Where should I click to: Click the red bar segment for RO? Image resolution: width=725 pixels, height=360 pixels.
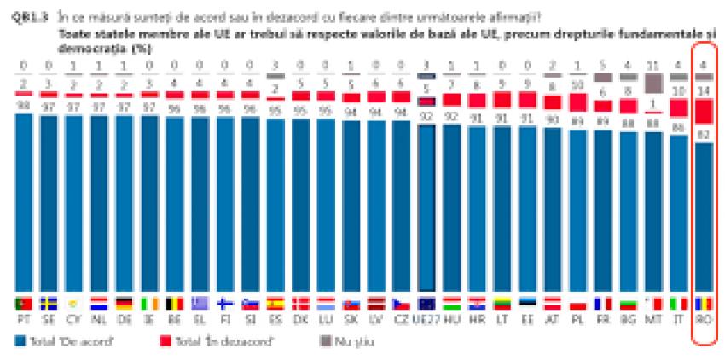point(705,111)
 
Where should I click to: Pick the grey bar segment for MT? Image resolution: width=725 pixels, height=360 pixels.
point(654,83)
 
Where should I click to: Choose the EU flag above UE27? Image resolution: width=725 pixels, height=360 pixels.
point(426,304)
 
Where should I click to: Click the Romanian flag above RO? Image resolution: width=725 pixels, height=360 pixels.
point(705,304)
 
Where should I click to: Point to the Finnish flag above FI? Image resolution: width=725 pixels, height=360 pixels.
point(224,304)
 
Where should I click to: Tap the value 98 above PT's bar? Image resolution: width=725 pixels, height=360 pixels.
point(22,104)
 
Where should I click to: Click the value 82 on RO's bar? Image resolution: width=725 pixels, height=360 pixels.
point(705,134)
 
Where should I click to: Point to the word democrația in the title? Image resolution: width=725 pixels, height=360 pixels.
point(86,49)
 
